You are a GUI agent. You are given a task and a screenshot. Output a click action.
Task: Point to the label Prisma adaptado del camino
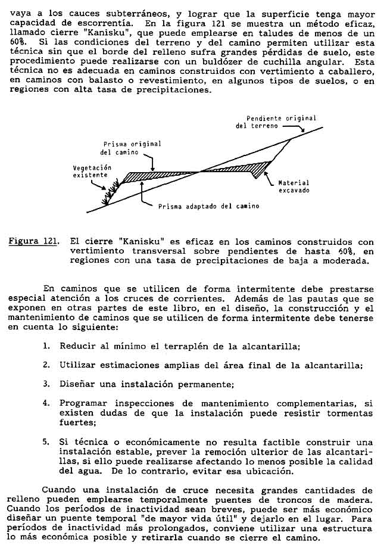click(x=208, y=206)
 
